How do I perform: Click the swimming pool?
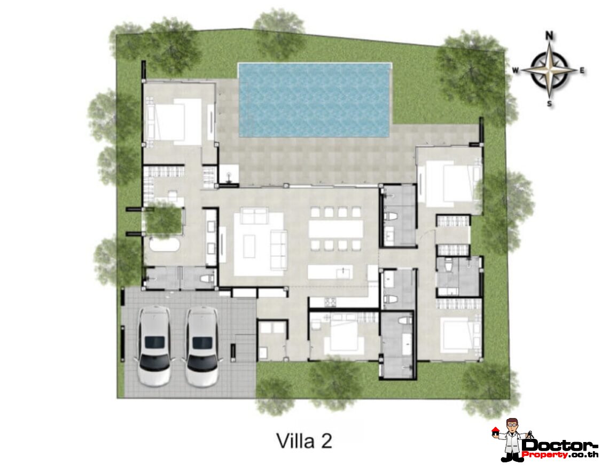pyautogui.click(x=314, y=100)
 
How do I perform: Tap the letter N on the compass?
pyautogui.click(x=549, y=36)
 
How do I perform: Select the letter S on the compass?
pyautogui.click(x=549, y=104)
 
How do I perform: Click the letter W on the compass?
pyautogui.click(x=516, y=70)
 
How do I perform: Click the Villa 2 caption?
pyautogui.click(x=304, y=440)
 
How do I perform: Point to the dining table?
pyautogui.click(x=335, y=229)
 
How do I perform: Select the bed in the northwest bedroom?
pyautogui.click(x=174, y=121)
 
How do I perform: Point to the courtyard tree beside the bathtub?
pyautogui.click(x=163, y=219)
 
